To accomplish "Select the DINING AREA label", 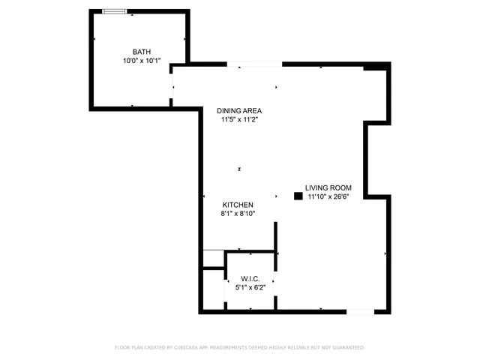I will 240,109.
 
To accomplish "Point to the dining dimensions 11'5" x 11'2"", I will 240,119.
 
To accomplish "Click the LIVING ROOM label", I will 328,187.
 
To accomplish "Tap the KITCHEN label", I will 238,205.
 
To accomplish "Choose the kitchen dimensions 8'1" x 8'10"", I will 238,214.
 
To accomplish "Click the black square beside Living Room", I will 298,196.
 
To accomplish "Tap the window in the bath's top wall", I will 115,11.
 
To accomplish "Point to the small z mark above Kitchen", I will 239,168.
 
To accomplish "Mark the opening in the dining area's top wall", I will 254,64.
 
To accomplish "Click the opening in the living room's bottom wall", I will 359,310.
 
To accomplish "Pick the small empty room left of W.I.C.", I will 212,289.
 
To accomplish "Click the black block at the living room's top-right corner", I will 373,67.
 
